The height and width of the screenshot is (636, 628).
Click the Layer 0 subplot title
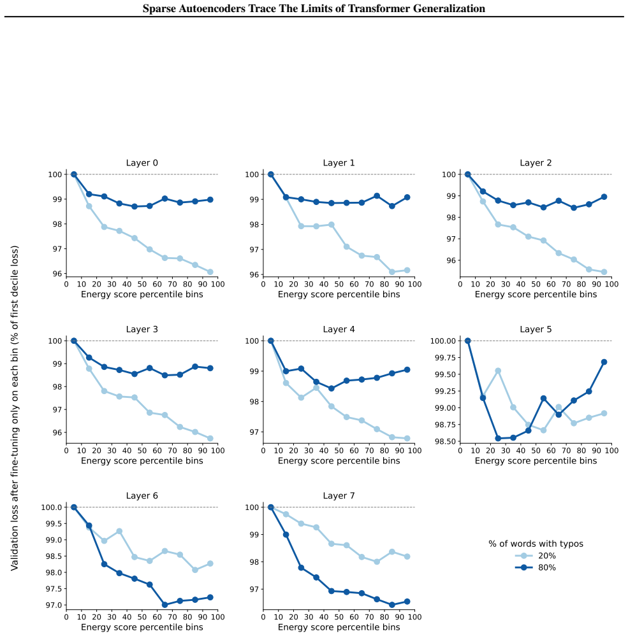coord(142,163)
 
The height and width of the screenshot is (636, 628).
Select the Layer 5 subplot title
coord(536,329)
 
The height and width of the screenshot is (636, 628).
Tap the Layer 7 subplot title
coord(339,496)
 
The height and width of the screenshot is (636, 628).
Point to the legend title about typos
coord(536,544)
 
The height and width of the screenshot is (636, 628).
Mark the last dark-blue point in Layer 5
coord(604,362)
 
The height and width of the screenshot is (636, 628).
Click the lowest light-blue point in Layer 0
coord(210,272)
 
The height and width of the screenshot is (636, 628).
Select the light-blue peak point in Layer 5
coord(498,371)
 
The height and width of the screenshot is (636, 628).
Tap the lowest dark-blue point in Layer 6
coord(164,605)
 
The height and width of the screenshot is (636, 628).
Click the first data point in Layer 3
coord(74,341)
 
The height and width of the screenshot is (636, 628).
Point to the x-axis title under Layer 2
coord(536,295)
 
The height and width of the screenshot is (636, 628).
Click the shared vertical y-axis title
coord(15,408)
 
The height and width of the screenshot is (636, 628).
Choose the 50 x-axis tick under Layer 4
coord(339,451)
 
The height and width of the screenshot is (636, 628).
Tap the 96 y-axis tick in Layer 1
coord(254,274)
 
